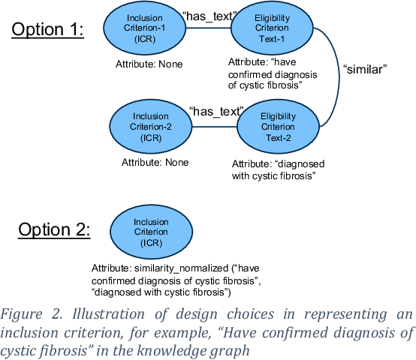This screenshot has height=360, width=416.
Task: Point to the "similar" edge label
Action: click(366, 69)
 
